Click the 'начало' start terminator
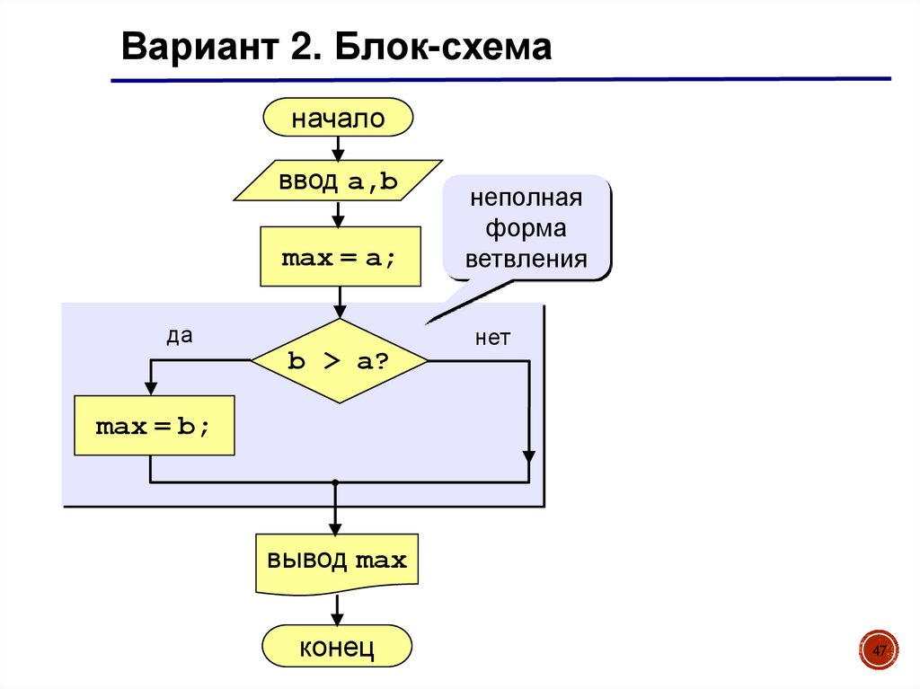coord(338,119)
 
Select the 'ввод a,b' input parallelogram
coord(338,181)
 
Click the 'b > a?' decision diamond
coord(339,360)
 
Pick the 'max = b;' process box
coord(154,426)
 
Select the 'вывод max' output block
coord(336,562)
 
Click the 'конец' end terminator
coord(337,646)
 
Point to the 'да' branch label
coord(180,336)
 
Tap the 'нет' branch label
coord(492,338)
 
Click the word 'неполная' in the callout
coord(526,198)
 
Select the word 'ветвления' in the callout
coord(526,261)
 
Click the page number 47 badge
coord(880,650)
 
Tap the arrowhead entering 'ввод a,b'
coord(338,154)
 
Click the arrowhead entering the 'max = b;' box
coord(151,389)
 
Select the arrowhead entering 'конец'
coord(338,620)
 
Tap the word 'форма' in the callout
coord(526,229)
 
